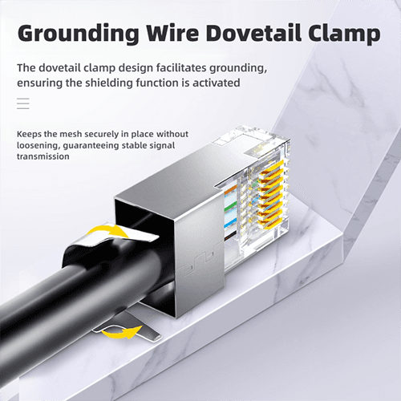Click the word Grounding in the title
pos(78,34)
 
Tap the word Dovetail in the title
pos(253,33)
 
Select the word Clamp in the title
pos(344,34)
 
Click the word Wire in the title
pos(172,33)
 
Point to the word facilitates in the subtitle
pos(181,67)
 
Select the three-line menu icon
pos(23,103)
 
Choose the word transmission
pos(43,156)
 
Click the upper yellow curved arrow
pos(109,231)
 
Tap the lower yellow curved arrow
pos(122,332)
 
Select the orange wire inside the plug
pos(230,189)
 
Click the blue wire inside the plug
pos(230,223)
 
